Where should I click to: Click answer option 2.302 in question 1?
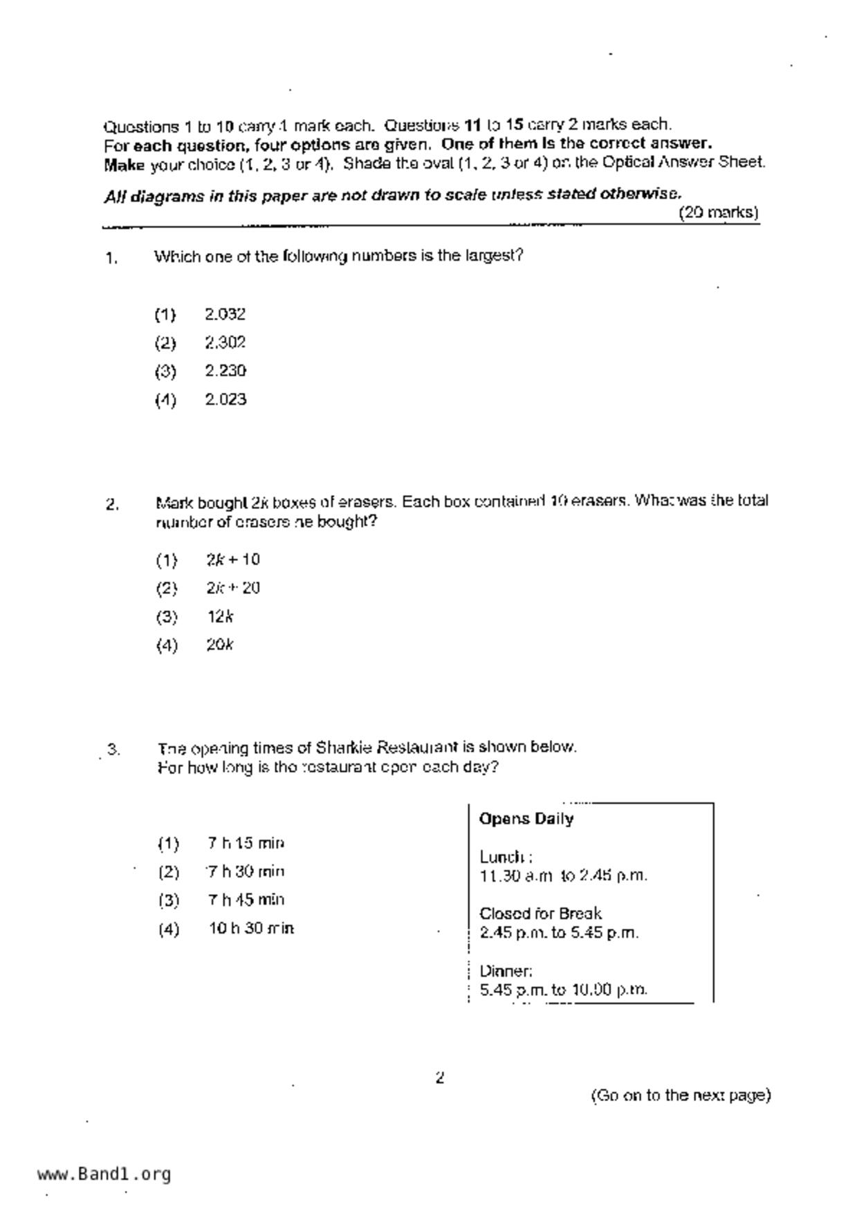point(225,343)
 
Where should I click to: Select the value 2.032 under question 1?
point(225,315)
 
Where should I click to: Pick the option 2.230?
point(225,371)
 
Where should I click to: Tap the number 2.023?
point(225,400)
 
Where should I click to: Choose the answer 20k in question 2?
point(220,645)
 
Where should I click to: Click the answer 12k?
point(220,617)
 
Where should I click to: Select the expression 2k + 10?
point(232,559)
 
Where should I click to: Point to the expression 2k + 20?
point(232,589)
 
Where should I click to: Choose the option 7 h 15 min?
point(246,844)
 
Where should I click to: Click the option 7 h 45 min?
point(246,900)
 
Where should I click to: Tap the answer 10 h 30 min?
point(251,929)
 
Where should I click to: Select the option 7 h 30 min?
point(246,872)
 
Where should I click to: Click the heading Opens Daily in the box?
point(526,820)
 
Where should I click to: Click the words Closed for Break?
point(540,914)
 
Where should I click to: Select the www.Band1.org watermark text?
point(104,1174)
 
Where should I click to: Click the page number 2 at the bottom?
point(440,1077)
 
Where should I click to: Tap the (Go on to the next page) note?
point(681,1095)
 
